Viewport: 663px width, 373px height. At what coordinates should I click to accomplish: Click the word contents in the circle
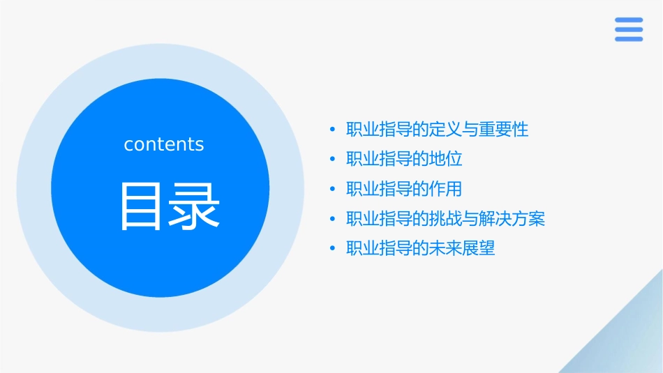(x=164, y=144)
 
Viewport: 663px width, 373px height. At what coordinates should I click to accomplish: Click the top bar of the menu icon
(x=629, y=20)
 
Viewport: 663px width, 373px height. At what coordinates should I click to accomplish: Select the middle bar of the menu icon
(x=629, y=29)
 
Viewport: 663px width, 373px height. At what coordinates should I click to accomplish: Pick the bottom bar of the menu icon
(x=629, y=38)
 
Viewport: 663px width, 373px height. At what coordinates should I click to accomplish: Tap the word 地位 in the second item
(x=447, y=160)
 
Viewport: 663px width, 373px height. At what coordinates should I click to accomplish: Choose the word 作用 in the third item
(x=447, y=190)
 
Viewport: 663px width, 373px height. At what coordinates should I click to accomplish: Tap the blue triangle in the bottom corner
(x=628, y=342)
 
